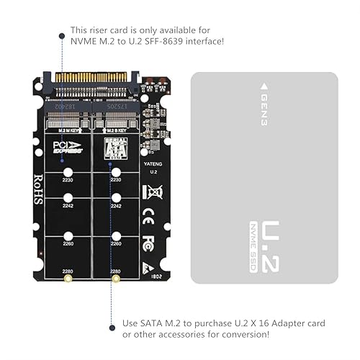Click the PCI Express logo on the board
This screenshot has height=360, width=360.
point(68,147)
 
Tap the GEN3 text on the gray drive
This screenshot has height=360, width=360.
point(264,107)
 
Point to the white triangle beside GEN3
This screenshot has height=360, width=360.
point(264,86)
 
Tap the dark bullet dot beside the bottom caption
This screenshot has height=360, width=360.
point(112,328)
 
